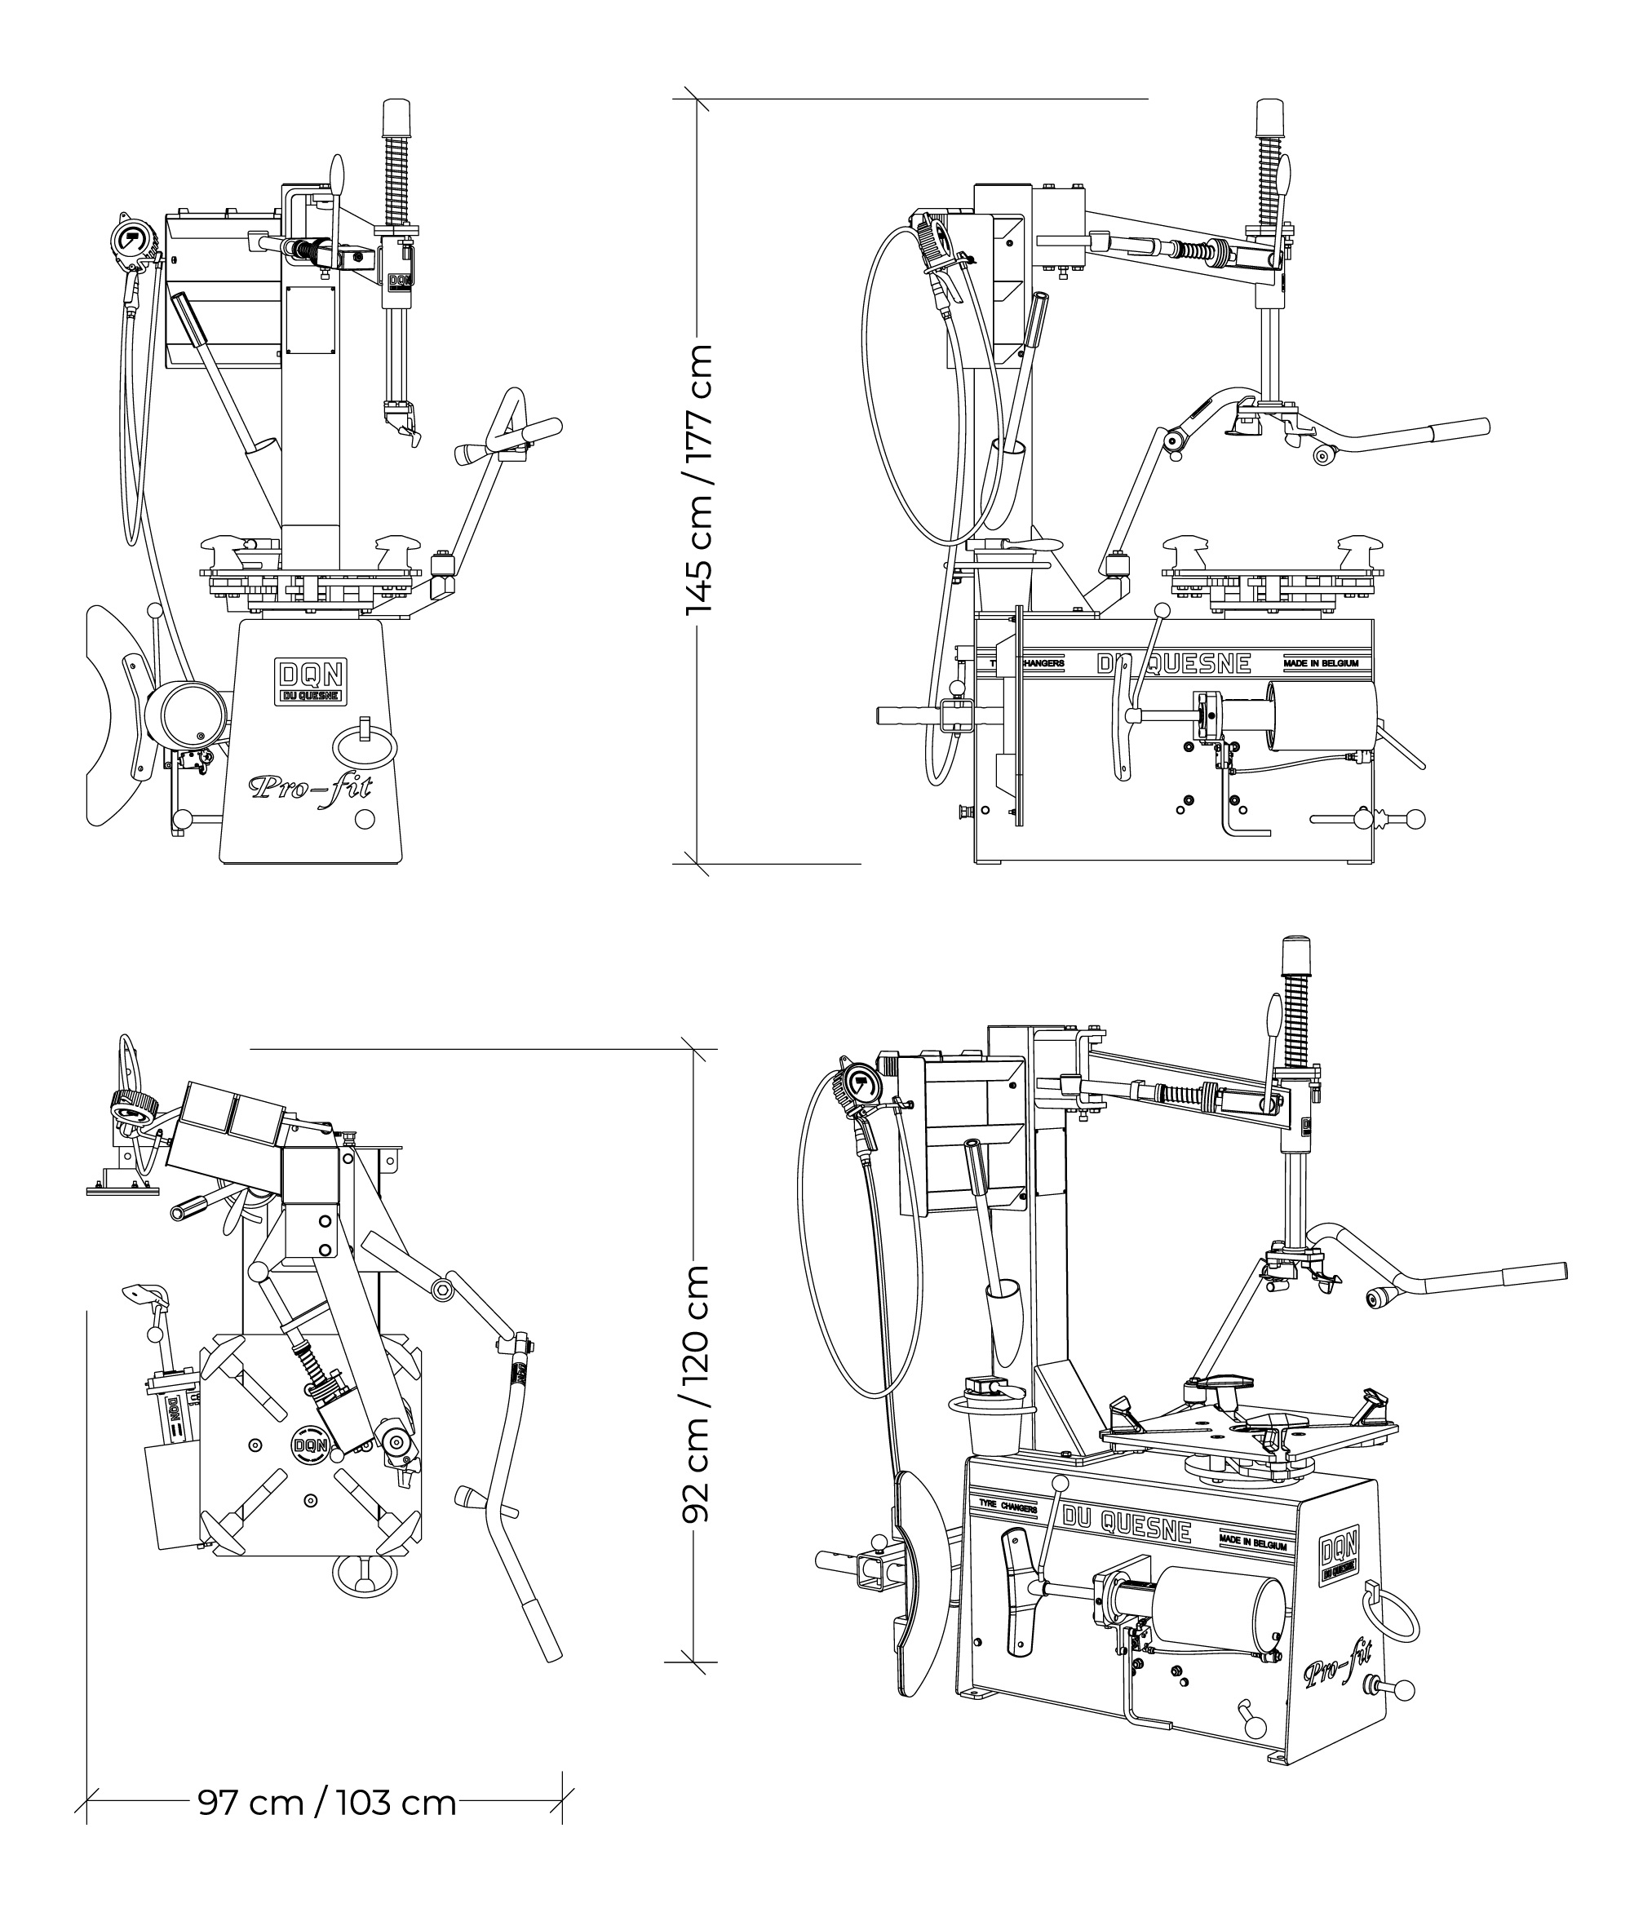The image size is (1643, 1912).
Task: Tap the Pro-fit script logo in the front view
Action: [x=310, y=787]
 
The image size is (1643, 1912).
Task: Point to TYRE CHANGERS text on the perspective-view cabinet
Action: [x=1008, y=1509]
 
